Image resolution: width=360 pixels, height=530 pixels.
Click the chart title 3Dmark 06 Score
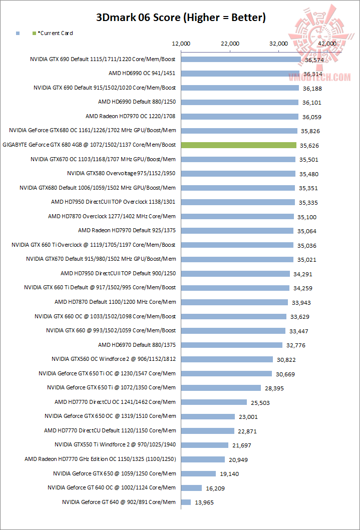click(181, 18)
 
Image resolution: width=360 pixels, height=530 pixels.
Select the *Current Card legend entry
click(55, 33)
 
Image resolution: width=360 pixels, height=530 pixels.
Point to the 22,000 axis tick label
click(230, 44)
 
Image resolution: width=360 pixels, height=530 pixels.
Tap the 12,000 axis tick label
click(181, 44)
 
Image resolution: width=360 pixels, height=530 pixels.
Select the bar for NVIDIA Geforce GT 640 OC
click(191, 488)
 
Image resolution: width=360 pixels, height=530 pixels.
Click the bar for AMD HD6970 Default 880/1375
click(231, 345)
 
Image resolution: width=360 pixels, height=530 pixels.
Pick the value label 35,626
click(309, 146)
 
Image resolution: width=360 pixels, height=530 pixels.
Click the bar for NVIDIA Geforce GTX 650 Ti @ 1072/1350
click(221, 388)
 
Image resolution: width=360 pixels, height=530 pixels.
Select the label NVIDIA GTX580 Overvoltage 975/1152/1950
click(121, 173)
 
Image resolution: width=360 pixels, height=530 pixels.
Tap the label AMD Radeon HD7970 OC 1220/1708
click(131, 116)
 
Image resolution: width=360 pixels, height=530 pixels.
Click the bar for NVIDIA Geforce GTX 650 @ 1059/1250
click(198, 473)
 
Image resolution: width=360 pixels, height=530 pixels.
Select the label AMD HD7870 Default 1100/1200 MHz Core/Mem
click(115, 302)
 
